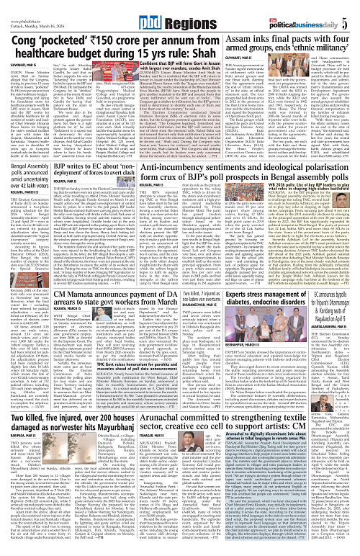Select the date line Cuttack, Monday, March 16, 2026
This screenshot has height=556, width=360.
33,12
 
